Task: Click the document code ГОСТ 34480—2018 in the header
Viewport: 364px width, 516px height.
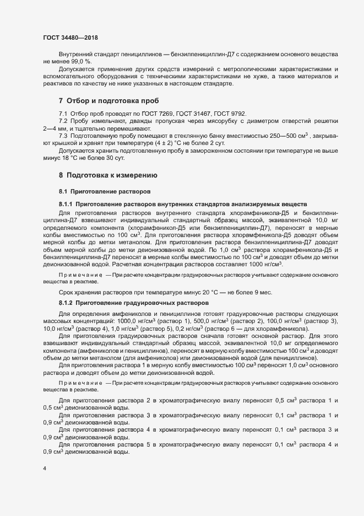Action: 70,37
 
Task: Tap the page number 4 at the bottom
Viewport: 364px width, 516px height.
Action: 45,469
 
